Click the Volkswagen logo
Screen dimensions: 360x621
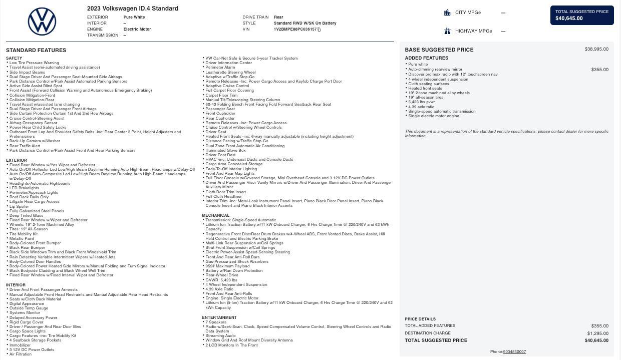click(42, 22)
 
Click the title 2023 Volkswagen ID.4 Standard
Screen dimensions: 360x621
click(133, 9)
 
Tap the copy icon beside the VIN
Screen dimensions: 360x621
click(319, 30)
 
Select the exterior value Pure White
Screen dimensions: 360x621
click(134, 17)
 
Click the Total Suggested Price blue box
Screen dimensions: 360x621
click(582, 15)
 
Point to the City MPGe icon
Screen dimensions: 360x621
click(447, 13)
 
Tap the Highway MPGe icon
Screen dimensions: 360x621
click(447, 31)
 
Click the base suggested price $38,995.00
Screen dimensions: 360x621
click(596, 49)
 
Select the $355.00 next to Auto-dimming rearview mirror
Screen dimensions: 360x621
click(599, 70)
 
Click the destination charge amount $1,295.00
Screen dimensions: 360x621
click(597, 333)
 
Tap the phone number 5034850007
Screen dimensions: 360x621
click(514, 352)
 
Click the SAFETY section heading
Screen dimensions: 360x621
click(14, 58)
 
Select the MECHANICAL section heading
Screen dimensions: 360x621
click(216, 215)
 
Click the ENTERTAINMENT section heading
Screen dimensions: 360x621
click(219, 317)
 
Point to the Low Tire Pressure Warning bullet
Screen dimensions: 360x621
click(34, 63)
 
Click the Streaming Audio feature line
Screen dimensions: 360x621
click(220, 336)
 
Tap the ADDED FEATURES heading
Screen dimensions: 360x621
click(426, 58)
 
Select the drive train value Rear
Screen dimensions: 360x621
click(278, 17)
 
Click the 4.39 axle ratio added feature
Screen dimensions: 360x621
click(421, 107)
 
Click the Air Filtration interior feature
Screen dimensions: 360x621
click(21, 354)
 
